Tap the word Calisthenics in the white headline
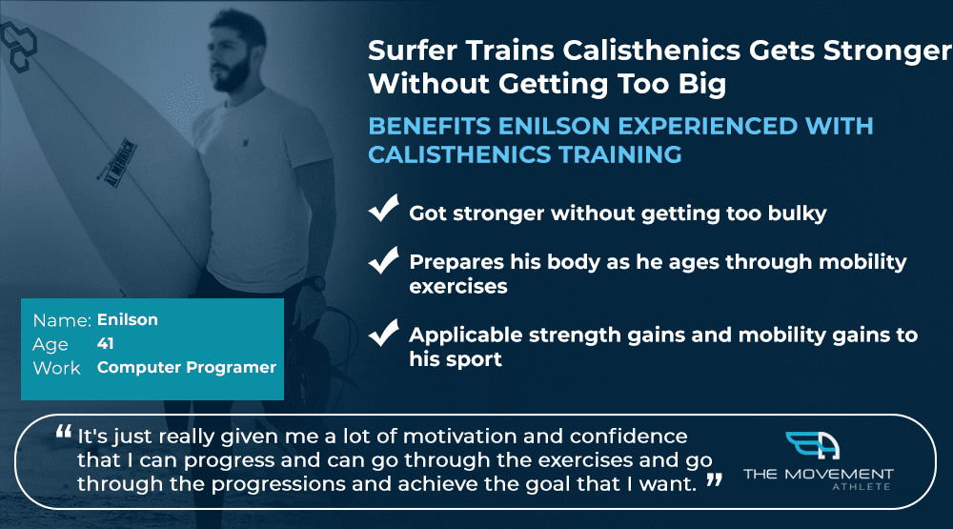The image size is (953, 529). point(651,51)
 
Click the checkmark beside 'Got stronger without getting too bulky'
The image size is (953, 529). point(383,209)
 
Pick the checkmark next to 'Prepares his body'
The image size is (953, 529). point(383,260)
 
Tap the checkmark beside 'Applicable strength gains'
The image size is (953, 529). point(383,333)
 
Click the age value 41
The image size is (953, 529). point(105,343)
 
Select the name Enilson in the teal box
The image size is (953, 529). point(128,320)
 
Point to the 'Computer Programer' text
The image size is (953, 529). point(187,367)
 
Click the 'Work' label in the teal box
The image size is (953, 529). point(56,368)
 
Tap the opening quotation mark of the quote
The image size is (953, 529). point(63,432)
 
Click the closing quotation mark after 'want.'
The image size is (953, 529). point(715,480)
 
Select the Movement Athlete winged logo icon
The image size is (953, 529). point(813,446)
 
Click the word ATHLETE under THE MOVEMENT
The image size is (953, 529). point(862,486)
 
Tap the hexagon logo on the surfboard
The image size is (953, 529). point(18,44)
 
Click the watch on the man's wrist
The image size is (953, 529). point(314,283)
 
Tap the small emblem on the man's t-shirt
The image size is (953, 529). point(246,142)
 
